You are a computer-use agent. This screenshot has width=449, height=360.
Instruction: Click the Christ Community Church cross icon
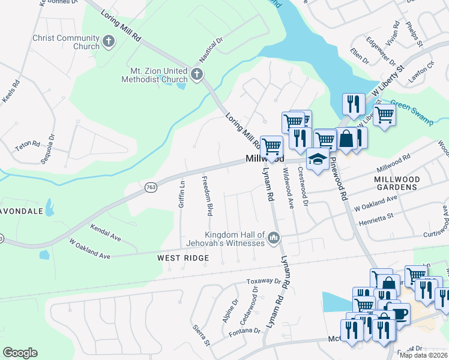[x=109, y=41]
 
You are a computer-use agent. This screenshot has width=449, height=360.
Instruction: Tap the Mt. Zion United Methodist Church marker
[x=197, y=75]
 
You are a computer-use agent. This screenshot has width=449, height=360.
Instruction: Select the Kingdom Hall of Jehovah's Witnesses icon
[x=274, y=238]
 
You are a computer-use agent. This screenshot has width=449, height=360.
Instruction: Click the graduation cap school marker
[x=317, y=160]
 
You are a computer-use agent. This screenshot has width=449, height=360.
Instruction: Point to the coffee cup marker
[x=398, y=313]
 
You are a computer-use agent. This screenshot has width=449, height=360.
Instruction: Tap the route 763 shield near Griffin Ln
[x=150, y=187]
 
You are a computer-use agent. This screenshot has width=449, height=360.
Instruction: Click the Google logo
[x=20, y=353]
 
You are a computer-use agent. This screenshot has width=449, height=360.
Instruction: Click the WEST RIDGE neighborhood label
[x=183, y=258]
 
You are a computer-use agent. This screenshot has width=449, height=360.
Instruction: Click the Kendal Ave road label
[x=105, y=233]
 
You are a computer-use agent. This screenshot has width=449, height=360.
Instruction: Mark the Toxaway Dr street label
[x=264, y=281]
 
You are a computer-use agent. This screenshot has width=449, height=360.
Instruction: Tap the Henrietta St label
[x=373, y=216]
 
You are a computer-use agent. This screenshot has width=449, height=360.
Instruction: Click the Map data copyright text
[x=423, y=355]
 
